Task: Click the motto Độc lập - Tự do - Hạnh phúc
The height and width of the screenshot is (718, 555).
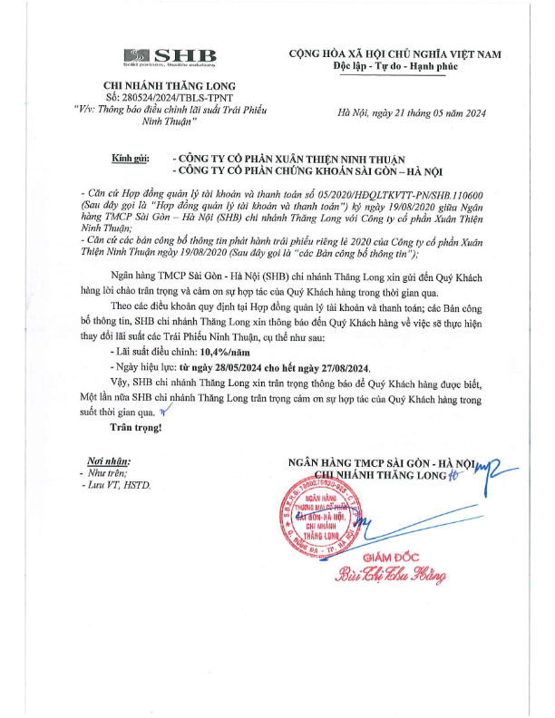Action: (396, 67)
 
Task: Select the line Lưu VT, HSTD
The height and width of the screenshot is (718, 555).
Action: (118, 486)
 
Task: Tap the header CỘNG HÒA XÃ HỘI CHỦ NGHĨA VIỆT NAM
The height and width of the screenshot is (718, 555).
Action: (395, 54)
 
